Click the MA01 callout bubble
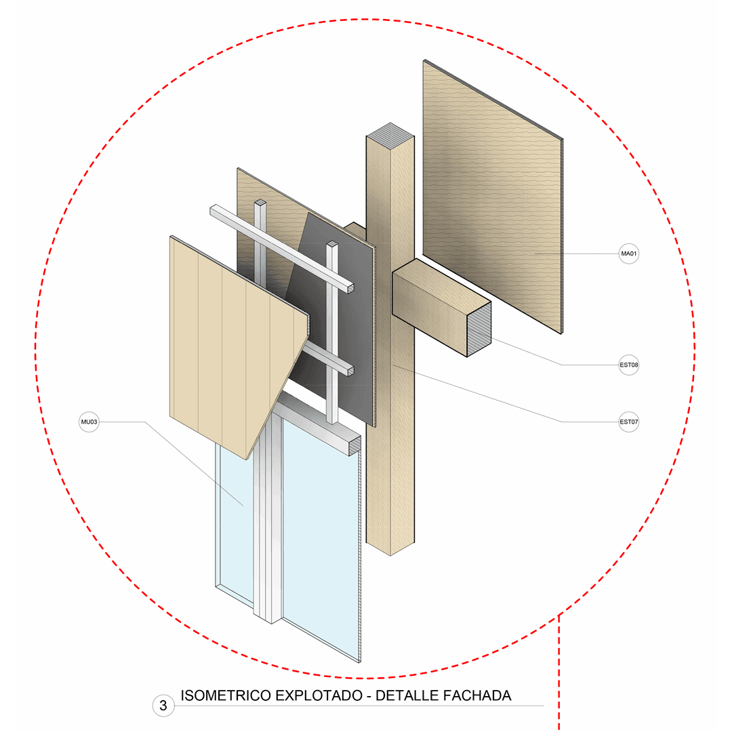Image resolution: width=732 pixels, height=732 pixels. click(628, 254)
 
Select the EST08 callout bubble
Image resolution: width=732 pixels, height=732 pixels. click(628, 365)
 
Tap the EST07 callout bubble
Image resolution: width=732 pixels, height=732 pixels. click(628, 422)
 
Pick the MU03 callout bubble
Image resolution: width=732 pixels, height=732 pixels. click(89, 422)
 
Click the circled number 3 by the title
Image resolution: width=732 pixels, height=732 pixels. click(163, 706)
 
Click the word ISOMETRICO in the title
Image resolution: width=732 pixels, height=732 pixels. click(226, 695)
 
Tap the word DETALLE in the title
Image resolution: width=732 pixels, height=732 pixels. click(407, 695)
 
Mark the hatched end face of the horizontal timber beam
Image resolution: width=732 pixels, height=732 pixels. click(479, 329)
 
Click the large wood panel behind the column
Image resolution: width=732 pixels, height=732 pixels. click(493, 196)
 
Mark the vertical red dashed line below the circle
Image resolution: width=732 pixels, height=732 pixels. click(558, 673)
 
